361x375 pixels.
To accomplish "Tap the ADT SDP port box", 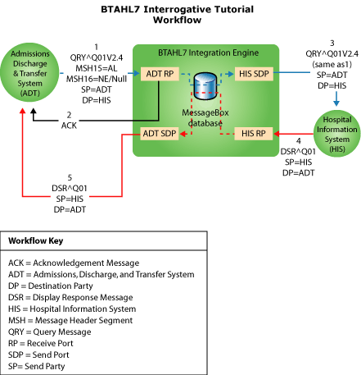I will (158, 132).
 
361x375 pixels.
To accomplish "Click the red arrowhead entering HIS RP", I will (278, 132).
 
